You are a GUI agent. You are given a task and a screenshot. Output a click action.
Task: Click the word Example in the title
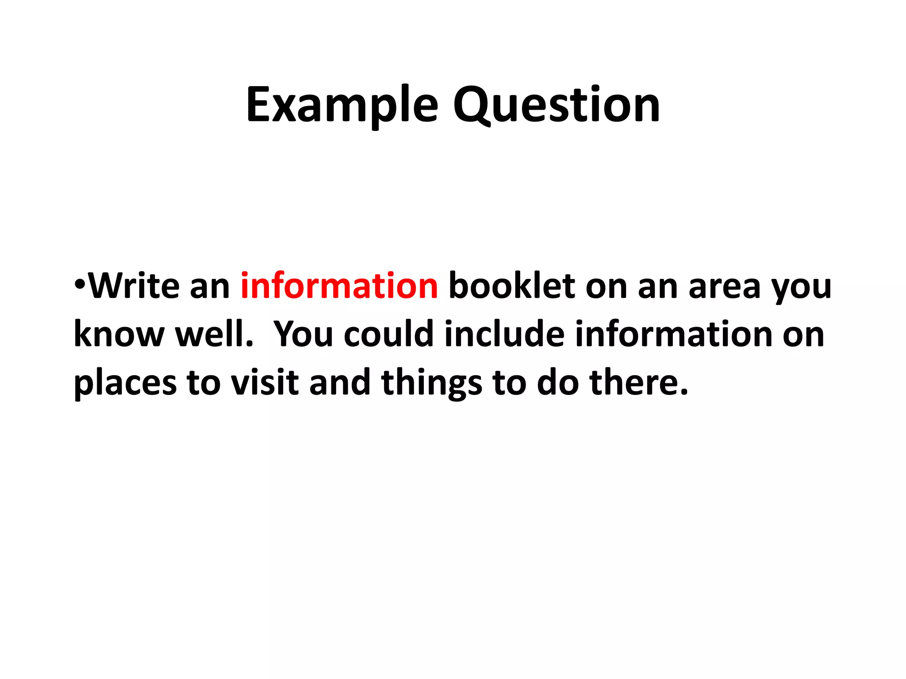point(342,105)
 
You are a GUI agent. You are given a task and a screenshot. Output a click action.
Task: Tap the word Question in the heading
point(557,105)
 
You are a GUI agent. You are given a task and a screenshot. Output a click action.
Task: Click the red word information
point(339,286)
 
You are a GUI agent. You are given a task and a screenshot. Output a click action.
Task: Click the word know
point(119,334)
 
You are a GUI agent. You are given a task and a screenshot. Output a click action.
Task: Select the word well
point(215,334)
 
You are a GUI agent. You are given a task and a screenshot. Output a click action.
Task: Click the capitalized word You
point(303,334)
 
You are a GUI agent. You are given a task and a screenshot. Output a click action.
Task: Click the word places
point(125,383)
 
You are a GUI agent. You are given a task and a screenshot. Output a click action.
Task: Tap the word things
point(432,383)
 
